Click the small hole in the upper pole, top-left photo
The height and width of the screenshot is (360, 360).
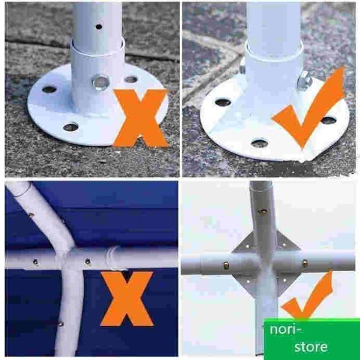tap(99, 26)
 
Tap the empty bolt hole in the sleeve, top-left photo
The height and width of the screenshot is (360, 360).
tap(101, 83)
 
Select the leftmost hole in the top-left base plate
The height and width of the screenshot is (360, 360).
tap(49, 89)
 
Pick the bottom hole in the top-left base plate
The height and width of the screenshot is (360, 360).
tap(71, 127)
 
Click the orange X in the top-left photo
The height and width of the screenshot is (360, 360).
tap(141, 118)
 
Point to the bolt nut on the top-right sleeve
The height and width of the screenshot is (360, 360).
tap(305, 80)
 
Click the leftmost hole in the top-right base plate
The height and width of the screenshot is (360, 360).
tap(223, 102)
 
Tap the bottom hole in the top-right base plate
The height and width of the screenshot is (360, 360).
tap(259, 143)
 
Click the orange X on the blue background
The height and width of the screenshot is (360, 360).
tap(127, 299)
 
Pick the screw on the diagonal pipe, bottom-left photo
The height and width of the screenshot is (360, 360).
tap(31, 215)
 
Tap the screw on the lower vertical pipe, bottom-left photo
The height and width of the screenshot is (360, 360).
tap(60, 324)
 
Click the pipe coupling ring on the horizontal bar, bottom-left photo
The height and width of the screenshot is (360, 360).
tap(112, 258)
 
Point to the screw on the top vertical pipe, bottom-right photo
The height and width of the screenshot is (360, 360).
tap(263, 212)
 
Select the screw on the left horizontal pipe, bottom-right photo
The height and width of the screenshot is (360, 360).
tap(226, 266)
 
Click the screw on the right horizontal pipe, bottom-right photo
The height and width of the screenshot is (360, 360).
tap(305, 263)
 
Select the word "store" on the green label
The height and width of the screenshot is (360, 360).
tap(311, 346)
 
